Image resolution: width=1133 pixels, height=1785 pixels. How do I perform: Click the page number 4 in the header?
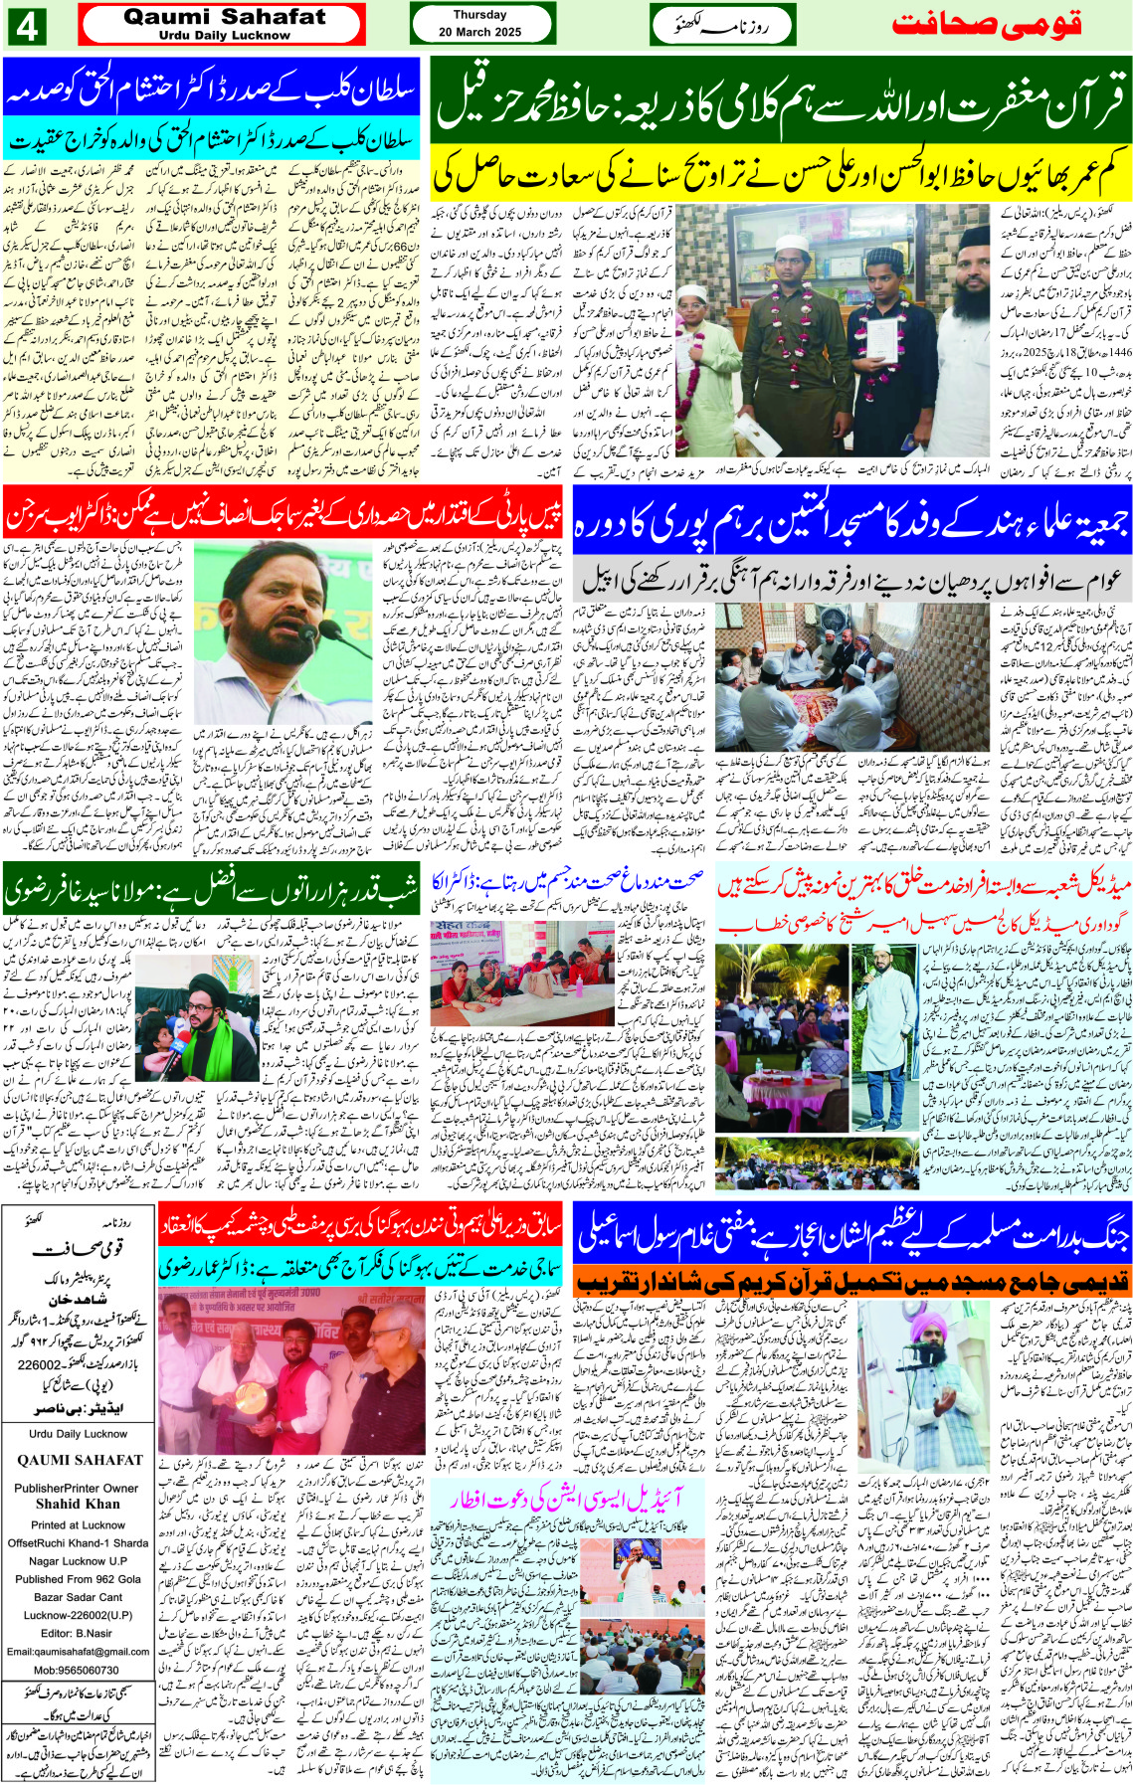(x=26, y=26)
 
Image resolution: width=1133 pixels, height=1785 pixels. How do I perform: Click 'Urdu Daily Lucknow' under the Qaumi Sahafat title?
(x=224, y=35)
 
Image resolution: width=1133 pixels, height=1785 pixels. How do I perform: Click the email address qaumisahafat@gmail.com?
(x=78, y=1652)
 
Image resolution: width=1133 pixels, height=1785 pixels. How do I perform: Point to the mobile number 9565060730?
(x=78, y=1671)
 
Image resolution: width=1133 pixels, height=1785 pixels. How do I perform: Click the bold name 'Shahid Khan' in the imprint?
(x=78, y=1504)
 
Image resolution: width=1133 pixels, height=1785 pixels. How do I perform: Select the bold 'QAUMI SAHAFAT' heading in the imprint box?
(x=80, y=1460)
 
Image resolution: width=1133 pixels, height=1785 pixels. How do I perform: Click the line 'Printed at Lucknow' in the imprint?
(x=78, y=1524)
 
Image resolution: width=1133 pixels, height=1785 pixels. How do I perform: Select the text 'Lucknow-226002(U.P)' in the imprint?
(x=78, y=1615)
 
